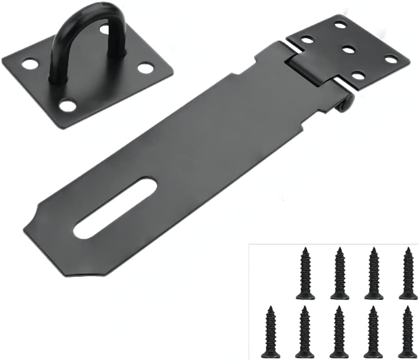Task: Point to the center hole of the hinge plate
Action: click(348, 49)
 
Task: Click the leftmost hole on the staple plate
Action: click(30, 64)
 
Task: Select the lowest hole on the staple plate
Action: click(67, 105)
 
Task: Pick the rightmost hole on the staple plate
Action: click(145, 68)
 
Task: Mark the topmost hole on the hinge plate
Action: click(340, 24)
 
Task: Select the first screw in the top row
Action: click(305, 273)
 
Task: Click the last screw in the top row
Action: click(408, 273)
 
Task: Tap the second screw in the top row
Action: click(339, 273)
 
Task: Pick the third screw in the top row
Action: click(374, 273)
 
